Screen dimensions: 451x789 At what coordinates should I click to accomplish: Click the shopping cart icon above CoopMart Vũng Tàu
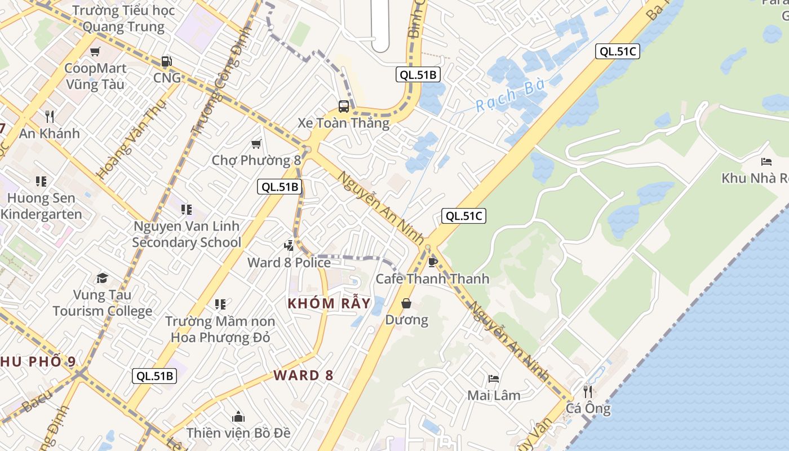[95, 52]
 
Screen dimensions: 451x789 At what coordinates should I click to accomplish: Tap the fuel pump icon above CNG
[166, 61]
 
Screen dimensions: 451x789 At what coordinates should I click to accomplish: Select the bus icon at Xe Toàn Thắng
[343, 106]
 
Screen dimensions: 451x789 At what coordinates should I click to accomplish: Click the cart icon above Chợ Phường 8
[256, 144]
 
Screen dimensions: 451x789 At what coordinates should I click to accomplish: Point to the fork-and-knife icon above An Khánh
[50, 117]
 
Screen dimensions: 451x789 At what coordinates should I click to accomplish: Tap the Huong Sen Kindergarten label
[41, 206]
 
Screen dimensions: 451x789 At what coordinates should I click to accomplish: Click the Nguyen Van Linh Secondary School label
[187, 234]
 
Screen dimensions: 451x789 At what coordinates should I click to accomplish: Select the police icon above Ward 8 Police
[289, 245]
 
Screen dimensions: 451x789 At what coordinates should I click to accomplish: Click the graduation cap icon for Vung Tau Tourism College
[102, 278]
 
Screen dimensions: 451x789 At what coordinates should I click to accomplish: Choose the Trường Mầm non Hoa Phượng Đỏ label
[220, 329]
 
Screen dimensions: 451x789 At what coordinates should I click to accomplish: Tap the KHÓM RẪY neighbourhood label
[329, 303]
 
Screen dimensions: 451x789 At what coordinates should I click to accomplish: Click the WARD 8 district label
[304, 375]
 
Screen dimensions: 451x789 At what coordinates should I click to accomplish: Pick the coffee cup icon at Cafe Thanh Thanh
[433, 262]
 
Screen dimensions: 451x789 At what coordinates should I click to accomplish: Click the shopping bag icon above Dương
[406, 304]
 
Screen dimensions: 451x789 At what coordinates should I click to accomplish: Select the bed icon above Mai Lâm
[494, 379]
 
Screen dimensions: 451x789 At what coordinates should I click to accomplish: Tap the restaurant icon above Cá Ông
[588, 391]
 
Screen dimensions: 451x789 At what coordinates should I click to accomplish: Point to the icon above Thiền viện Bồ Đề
[238, 417]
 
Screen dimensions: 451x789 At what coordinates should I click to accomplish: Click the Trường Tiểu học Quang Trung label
[124, 19]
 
